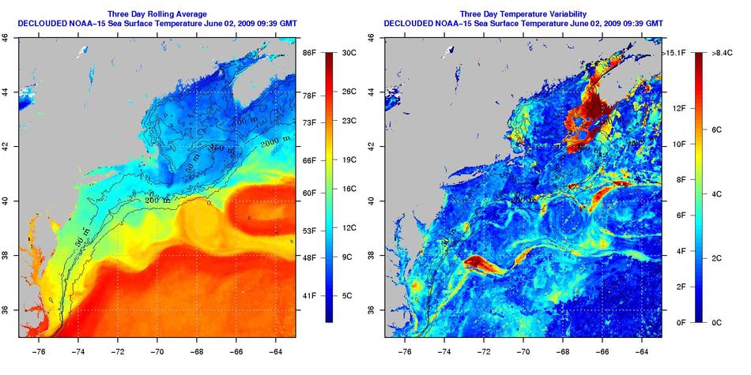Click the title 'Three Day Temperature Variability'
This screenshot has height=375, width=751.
point(523,13)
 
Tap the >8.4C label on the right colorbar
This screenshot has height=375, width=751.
point(711,52)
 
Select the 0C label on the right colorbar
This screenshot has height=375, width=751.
point(708,323)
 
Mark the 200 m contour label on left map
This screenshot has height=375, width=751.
point(157,201)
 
